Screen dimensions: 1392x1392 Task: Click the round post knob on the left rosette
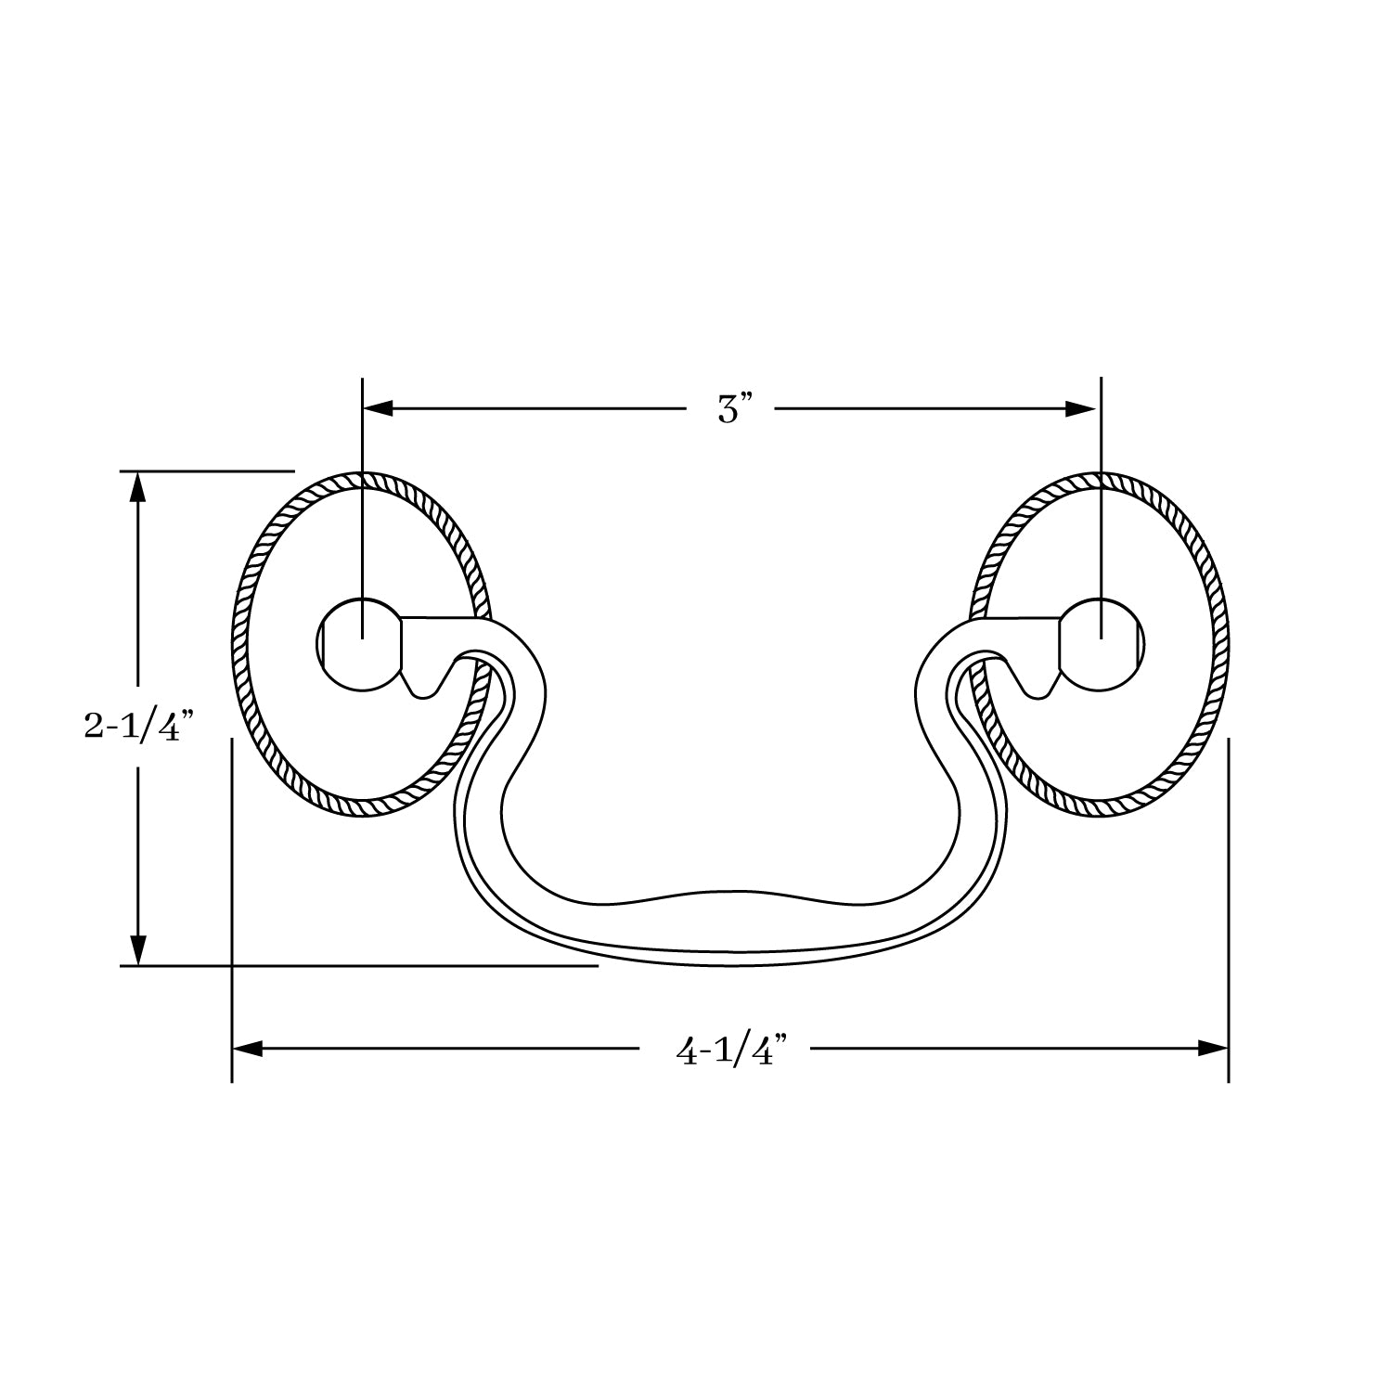[x=357, y=645]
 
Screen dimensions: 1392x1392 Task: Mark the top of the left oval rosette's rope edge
[x=362, y=479]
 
